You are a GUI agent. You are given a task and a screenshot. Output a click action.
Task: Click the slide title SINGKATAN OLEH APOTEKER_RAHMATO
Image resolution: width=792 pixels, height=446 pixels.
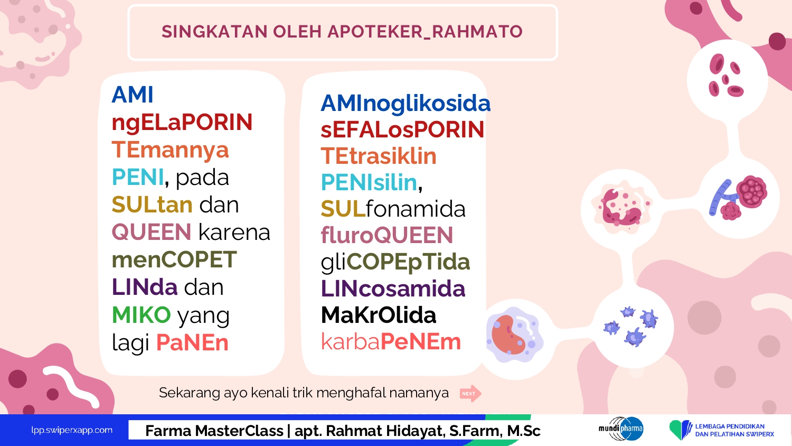click(342, 32)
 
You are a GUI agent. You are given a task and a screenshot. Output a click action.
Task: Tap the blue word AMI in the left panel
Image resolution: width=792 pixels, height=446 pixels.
click(133, 95)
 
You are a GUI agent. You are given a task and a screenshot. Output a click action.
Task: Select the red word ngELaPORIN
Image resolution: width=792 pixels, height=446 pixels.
click(182, 123)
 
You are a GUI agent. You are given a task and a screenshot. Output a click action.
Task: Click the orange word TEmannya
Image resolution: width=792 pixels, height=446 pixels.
click(171, 150)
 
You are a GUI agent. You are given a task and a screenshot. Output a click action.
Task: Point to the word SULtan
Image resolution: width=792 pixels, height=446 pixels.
click(152, 205)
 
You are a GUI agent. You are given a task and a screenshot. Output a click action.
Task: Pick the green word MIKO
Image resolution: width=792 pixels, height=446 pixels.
click(142, 314)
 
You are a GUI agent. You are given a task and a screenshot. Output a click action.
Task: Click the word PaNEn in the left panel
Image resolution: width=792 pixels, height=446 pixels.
click(193, 342)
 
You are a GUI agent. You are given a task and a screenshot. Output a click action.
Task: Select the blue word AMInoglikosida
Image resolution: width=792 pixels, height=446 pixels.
click(406, 104)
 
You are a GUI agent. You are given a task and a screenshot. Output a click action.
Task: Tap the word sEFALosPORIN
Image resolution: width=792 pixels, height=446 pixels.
click(402, 129)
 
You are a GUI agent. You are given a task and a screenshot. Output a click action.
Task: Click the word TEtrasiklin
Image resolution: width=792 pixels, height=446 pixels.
click(379, 156)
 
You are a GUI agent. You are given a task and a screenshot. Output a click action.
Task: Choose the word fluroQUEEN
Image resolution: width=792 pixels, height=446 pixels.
click(387, 235)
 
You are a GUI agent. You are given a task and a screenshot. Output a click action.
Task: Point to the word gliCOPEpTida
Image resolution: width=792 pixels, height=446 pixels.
click(395, 263)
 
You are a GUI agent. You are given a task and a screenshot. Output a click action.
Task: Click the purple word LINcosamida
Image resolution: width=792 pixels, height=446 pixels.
click(393, 289)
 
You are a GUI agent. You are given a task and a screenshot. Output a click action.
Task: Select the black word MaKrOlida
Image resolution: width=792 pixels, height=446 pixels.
click(379, 315)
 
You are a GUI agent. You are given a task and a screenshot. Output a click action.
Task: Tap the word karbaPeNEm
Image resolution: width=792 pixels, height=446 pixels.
click(391, 341)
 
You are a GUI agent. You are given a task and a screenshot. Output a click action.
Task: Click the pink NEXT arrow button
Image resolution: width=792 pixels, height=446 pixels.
click(470, 393)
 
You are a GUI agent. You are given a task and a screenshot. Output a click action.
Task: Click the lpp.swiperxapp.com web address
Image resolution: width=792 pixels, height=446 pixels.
click(72, 431)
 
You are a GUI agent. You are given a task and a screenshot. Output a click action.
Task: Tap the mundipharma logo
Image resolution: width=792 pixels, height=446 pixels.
click(621, 429)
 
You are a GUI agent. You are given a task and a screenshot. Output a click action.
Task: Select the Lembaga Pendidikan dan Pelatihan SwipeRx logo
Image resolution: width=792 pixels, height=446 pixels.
click(722, 430)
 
